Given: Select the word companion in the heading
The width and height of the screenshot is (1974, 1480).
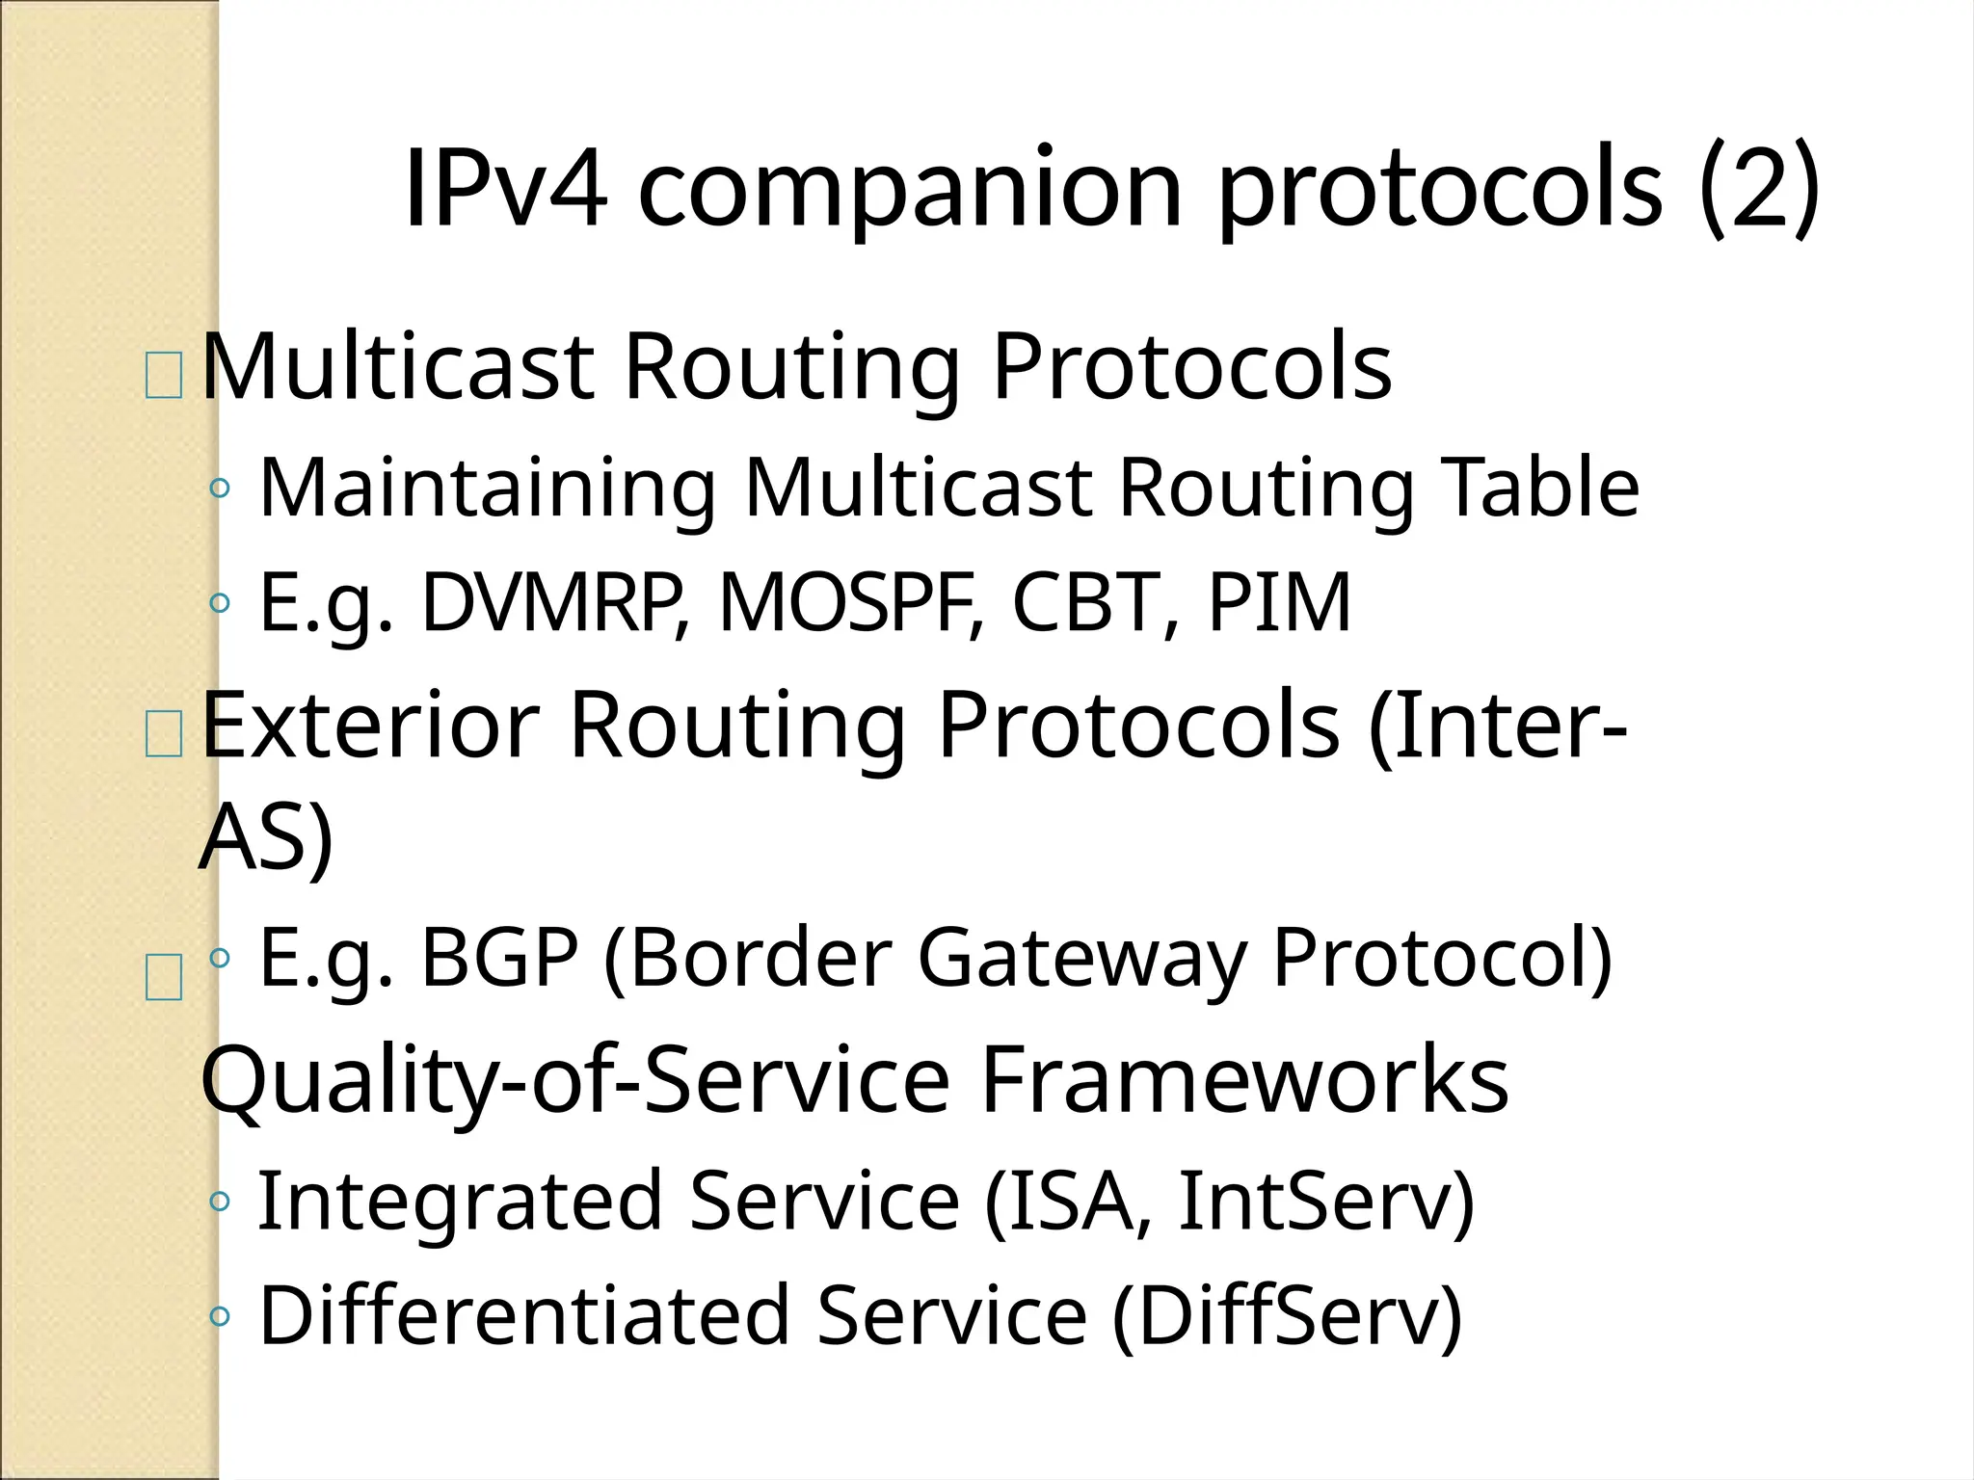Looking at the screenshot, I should click(x=909, y=190).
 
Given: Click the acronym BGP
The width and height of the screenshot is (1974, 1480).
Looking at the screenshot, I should click(x=499, y=958).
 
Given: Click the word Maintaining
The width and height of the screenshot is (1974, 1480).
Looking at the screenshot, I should click(x=488, y=489).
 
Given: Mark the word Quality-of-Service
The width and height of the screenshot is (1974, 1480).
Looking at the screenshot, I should click(x=575, y=1080).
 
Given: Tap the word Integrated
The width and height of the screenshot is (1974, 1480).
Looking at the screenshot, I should click(x=461, y=1202).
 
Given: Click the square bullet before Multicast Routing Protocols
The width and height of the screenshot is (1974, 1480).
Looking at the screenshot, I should click(x=163, y=377).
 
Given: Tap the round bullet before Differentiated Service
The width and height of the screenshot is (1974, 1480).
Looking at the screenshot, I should click(x=220, y=1316).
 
